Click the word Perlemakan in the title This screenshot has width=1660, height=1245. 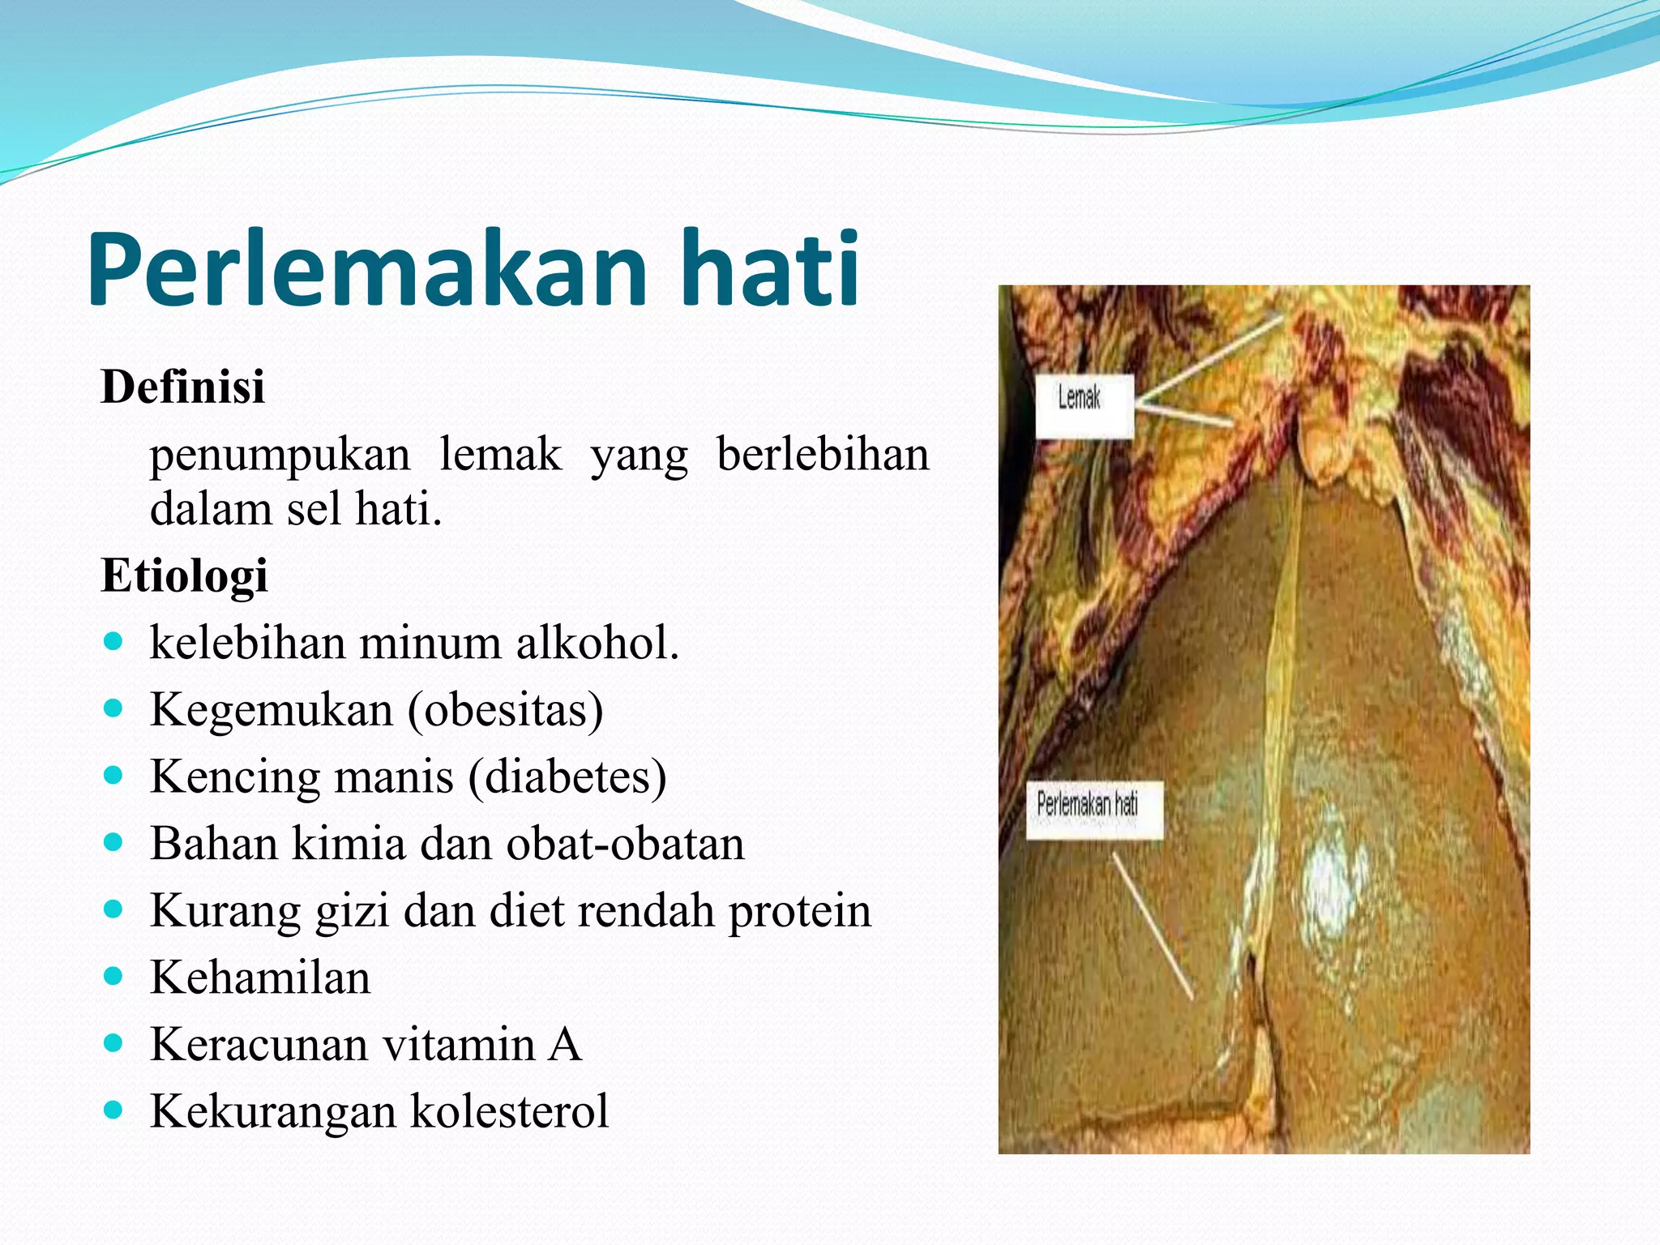(365, 269)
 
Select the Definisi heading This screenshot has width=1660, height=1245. (182, 387)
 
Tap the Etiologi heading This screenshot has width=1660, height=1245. (184, 576)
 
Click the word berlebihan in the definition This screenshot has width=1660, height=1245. (822, 454)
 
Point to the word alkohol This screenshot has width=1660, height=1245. (597, 644)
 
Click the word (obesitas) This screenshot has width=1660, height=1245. (506, 710)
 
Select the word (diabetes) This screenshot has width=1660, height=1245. (567, 777)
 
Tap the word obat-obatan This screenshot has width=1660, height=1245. (625, 844)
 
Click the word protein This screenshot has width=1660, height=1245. (799, 910)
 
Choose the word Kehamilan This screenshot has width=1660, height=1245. (260, 978)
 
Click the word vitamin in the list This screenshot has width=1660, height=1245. (459, 1044)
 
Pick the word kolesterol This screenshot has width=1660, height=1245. (510, 1111)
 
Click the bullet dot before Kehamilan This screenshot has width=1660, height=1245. (113, 975)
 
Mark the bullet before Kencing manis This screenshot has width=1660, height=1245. (113, 775)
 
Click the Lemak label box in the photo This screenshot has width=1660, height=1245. (1085, 406)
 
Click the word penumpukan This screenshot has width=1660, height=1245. (280, 454)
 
